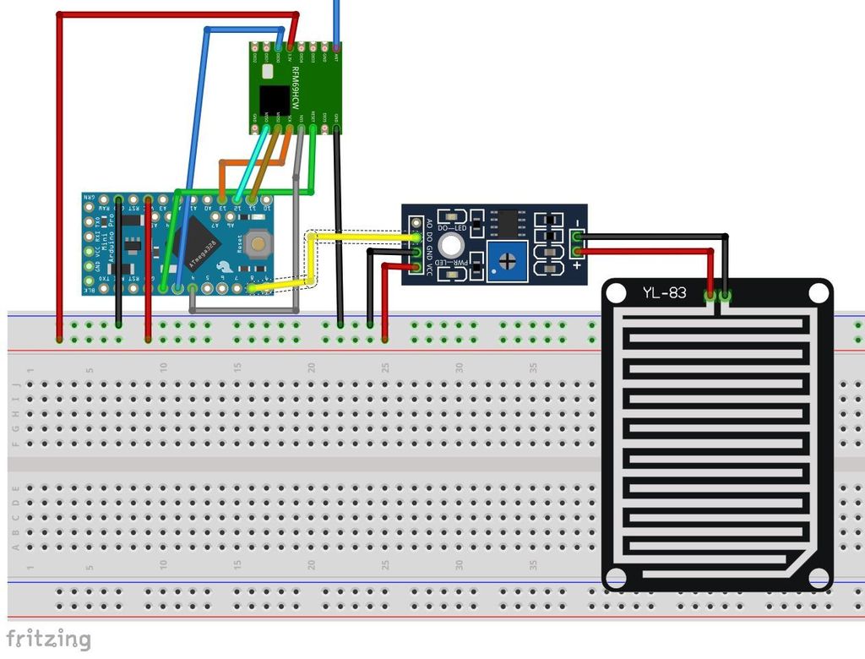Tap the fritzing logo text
click(x=48, y=639)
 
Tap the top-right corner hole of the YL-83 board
click(x=818, y=293)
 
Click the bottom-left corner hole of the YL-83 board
click(x=617, y=578)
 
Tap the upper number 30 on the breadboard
click(x=460, y=368)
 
